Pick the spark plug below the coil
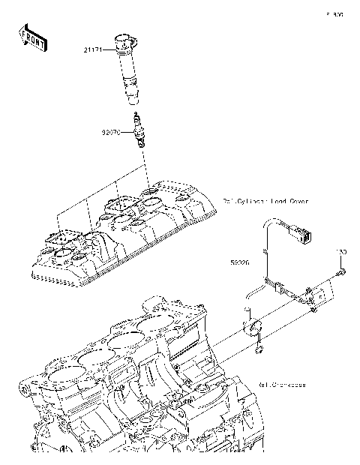click(x=137, y=127)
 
